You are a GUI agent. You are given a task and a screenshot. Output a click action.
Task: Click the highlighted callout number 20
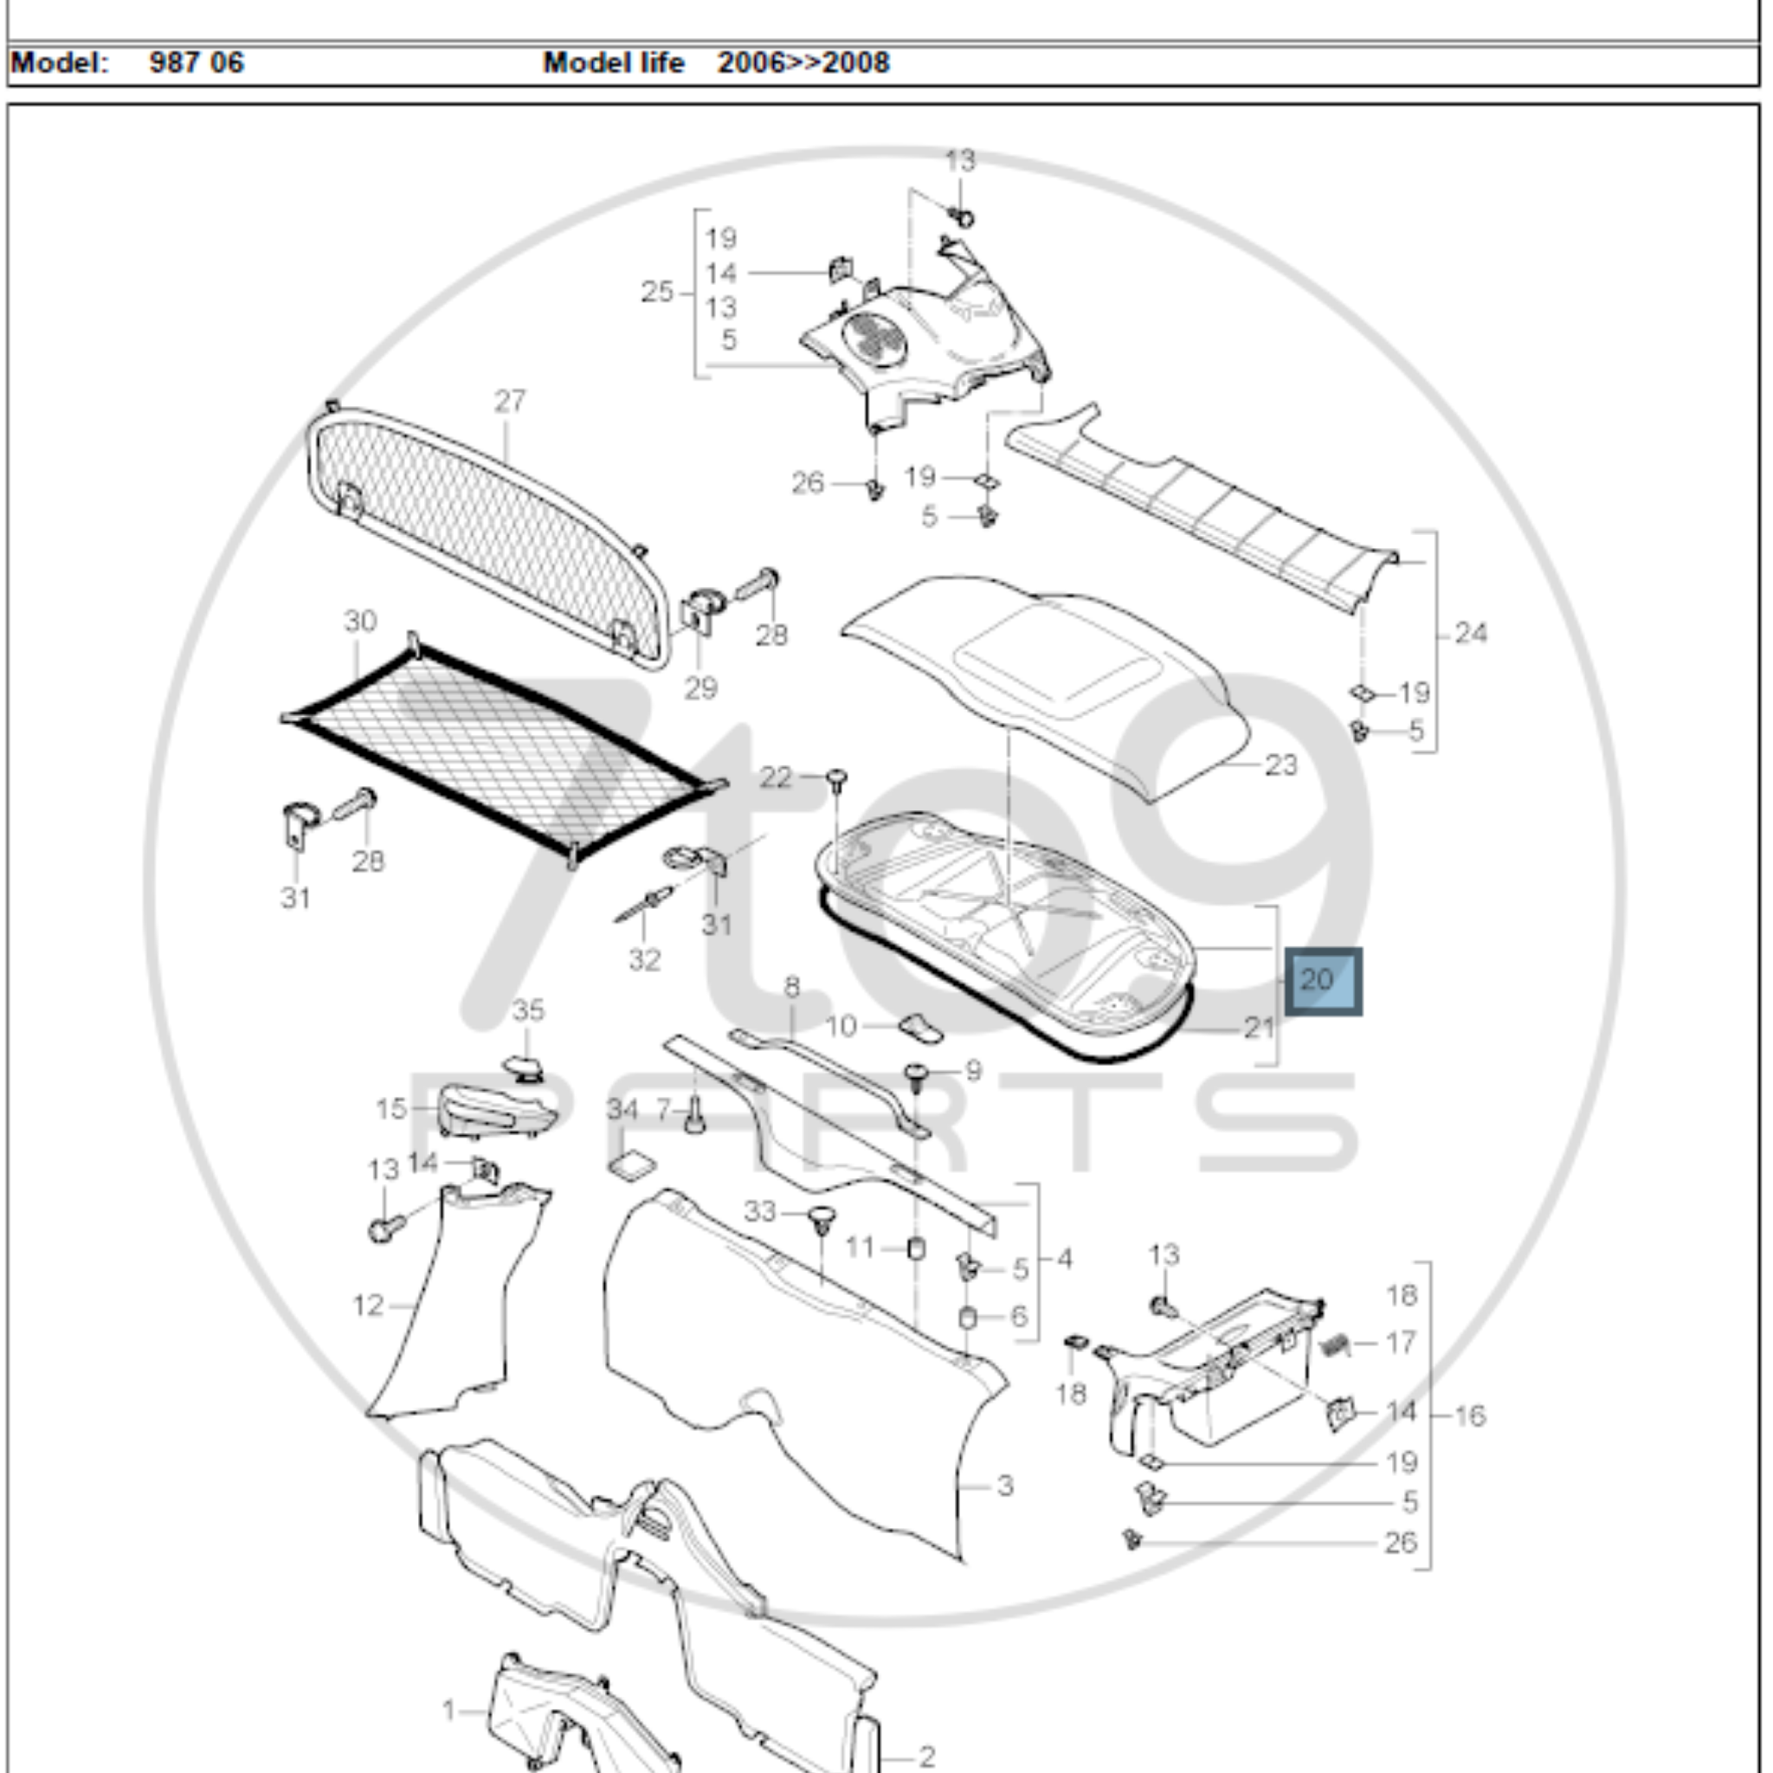coord(1323,980)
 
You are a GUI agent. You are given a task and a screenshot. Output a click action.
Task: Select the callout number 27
coord(510,401)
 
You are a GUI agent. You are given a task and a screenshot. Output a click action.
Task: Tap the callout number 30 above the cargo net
coord(360,622)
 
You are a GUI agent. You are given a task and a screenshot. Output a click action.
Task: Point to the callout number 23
coord(1280,764)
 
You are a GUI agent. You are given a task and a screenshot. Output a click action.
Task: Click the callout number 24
coord(1470,632)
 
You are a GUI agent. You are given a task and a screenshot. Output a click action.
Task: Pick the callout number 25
coord(657,292)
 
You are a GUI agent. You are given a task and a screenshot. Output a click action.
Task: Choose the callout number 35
coord(528,1010)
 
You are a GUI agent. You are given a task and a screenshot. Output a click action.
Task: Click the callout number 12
coord(367,1305)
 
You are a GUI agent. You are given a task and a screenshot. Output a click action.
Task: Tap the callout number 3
coord(1005,1485)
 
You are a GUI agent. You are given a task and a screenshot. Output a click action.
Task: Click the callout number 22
coord(776,777)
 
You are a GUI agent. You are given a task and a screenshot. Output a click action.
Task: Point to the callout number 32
coord(644,960)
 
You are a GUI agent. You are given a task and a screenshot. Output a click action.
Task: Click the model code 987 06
coord(197,62)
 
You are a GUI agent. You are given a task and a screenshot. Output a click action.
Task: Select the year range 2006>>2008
coord(803,62)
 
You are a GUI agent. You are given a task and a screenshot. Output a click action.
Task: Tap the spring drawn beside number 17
coord(1335,1346)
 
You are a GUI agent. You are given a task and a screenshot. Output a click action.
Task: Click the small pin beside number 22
coord(836,780)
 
